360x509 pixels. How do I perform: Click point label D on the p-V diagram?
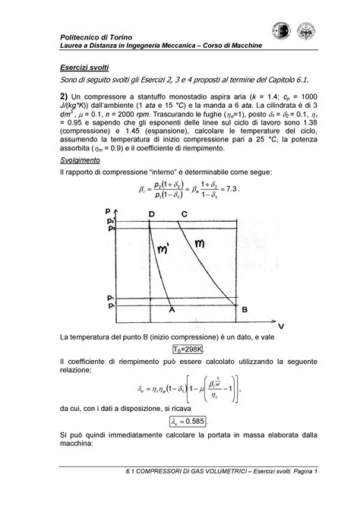coord(152,215)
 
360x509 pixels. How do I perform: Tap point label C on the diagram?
coord(185,215)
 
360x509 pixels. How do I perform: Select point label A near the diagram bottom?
coord(172,309)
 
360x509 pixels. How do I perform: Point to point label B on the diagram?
coord(244,309)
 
